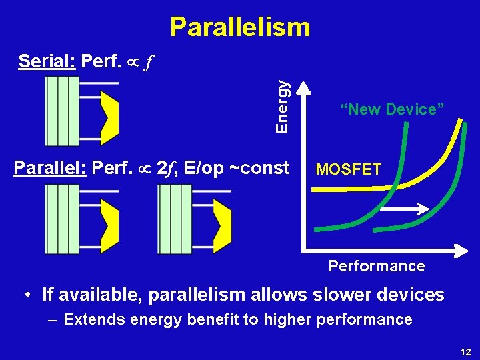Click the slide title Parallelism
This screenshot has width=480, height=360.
click(x=240, y=27)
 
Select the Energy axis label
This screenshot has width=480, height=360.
click(x=283, y=105)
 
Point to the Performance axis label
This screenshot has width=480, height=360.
click(x=376, y=266)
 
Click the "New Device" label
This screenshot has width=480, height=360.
click(x=392, y=109)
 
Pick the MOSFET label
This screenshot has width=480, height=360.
click(x=349, y=169)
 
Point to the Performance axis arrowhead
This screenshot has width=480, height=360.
click(x=461, y=252)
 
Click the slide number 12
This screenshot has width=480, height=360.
click(x=465, y=352)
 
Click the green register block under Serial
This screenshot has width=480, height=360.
click(x=61, y=111)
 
